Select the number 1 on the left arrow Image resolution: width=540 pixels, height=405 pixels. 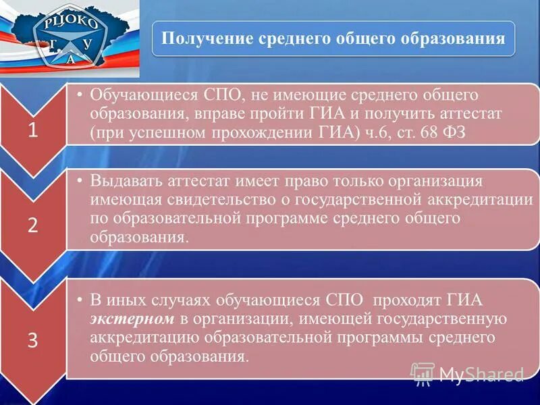click(x=32, y=132)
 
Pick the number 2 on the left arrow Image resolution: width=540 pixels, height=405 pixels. click(x=32, y=226)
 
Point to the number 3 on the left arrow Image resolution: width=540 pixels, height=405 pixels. click(x=32, y=341)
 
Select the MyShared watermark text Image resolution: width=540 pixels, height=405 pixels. click(x=482, y=374)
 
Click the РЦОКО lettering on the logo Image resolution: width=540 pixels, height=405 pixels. click(x=71, y=22)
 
